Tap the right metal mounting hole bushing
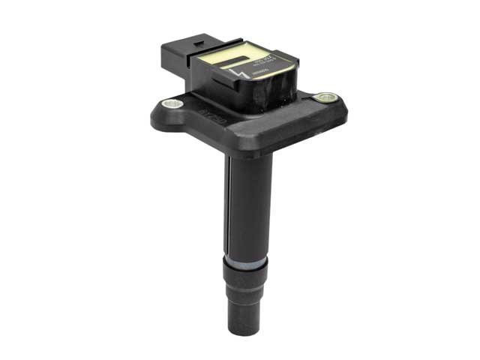pyautogui.click(x=324, y=97)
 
